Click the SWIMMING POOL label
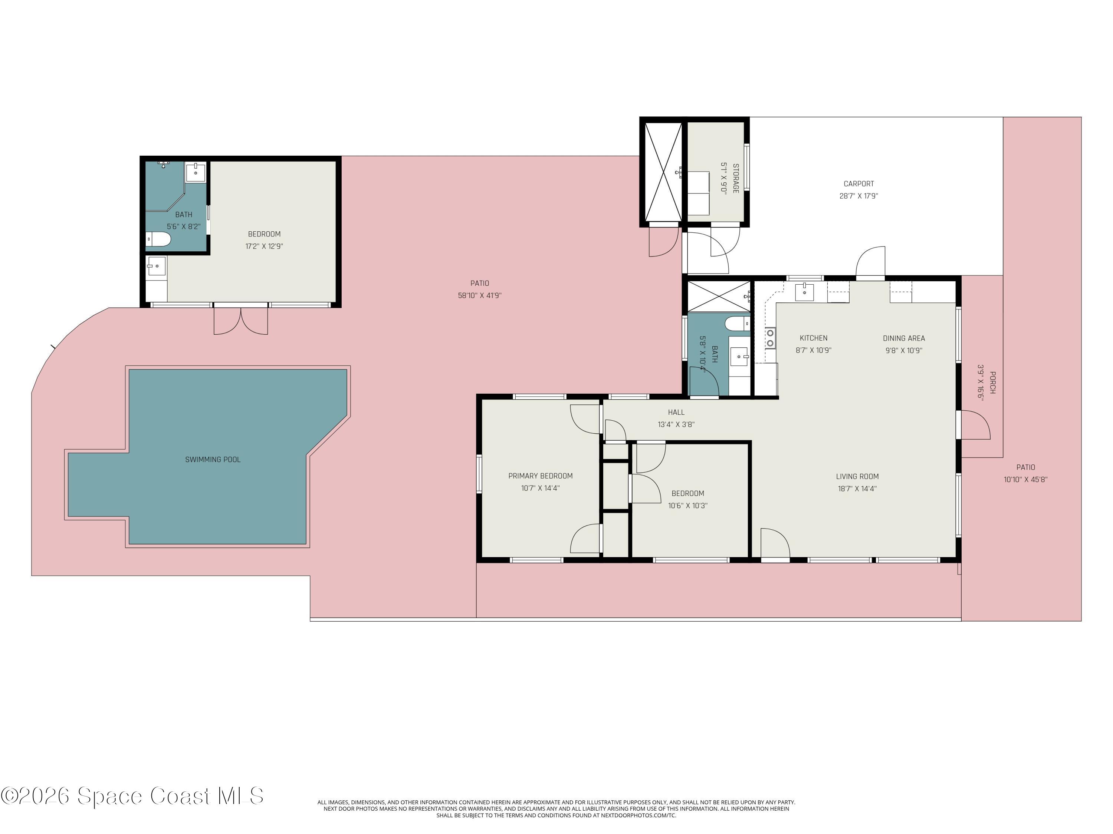213,460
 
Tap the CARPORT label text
858,184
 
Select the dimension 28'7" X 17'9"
858,196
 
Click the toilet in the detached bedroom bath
158,239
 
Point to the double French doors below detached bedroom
240,321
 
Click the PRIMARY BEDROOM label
541,476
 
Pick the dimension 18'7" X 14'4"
857,489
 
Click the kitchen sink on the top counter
804,292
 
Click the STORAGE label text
736,178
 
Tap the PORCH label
992,383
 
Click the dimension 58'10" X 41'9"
479,295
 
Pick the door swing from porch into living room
975,425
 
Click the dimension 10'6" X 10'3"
687,506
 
